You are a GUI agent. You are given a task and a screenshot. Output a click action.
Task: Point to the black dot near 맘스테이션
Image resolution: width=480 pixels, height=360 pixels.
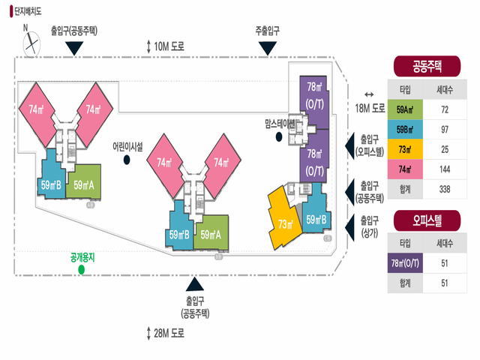pyautogui.click(x=279, y=136)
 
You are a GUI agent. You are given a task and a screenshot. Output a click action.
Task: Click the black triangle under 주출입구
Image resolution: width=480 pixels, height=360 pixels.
pyautogui.click(x=267, y=48)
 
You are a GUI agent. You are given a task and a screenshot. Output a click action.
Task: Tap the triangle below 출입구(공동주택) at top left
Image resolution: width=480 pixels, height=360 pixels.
pyautogui.click(x=73, y=48)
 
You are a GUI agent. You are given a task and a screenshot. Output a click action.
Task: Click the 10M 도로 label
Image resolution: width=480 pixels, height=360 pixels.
pyautogui.click(x=168, y=46)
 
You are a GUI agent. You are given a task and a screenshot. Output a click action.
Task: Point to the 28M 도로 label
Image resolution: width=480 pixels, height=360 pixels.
pyautogui.click(x=168, y=331)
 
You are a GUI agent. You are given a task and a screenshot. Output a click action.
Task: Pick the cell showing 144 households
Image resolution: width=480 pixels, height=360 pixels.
pyautogui.click(x=444, y=169)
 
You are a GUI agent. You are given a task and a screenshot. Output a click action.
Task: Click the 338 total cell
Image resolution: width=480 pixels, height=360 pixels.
pyautogui.click(x=444, y=189)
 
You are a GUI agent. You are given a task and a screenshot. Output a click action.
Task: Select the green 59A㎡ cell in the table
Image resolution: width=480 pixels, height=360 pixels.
pyautogui.click(x=403, y=109)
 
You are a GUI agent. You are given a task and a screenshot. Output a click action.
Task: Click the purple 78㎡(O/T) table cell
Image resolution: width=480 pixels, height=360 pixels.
pyautogui.click(x=403, y=263)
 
